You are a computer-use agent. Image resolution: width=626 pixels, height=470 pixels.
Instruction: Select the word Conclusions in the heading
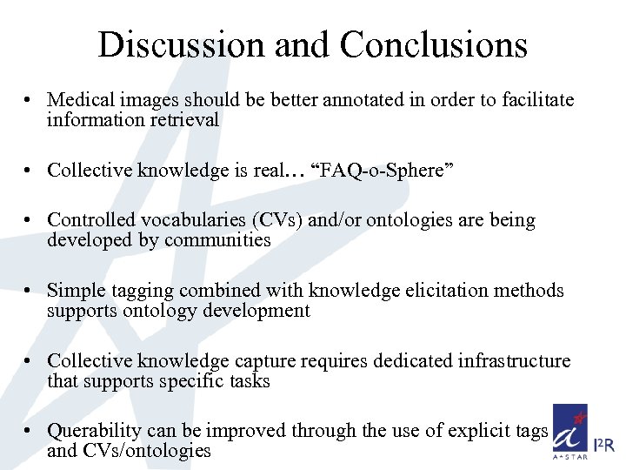[434, 44]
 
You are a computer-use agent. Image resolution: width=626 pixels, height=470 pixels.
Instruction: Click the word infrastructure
[515, 360]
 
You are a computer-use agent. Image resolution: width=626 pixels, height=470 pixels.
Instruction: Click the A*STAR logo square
[569, 431]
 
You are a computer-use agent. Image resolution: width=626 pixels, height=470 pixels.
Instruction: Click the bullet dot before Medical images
[30, 101]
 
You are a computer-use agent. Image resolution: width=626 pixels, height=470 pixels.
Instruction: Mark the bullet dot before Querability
[30, 431]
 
